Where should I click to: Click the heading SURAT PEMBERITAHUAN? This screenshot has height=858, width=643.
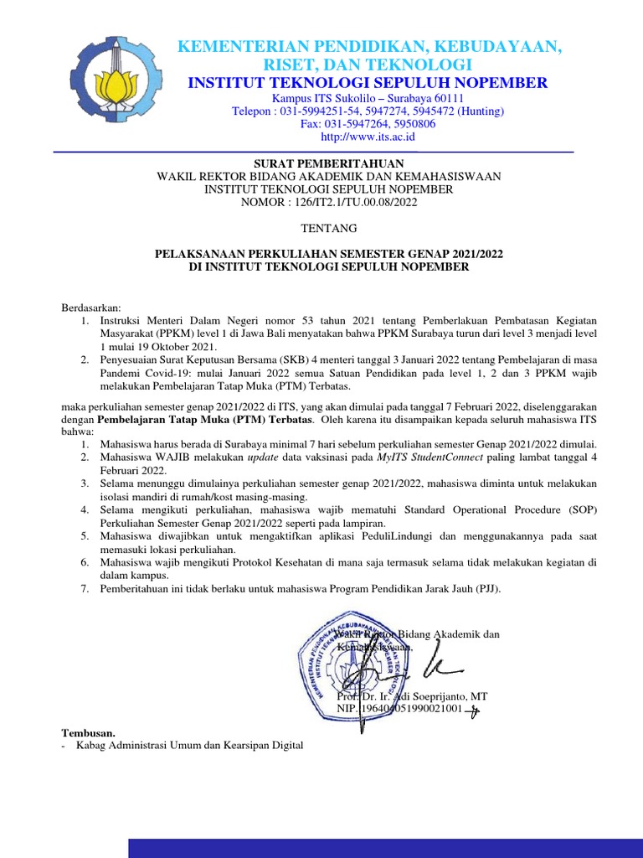point(329,163)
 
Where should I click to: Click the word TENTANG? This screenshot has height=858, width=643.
point(329,228)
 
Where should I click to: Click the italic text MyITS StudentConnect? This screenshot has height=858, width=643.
point(424,457)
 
